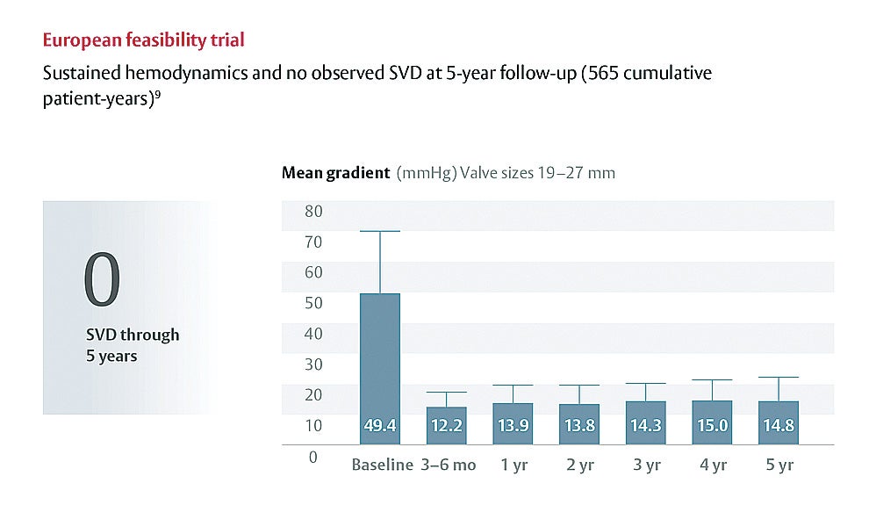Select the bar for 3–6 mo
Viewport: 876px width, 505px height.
[447, 425]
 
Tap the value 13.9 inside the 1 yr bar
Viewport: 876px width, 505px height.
[513, 427]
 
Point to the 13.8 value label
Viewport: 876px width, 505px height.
[580, 427]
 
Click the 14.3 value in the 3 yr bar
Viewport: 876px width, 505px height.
[647, 427]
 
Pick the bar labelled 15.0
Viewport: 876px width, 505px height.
[713, 422]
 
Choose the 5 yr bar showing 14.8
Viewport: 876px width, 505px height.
[779, 422]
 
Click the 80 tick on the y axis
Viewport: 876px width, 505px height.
[312, 212]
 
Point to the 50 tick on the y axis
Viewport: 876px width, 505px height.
[312, 304]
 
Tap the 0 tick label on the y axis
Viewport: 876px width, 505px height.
[312, 458]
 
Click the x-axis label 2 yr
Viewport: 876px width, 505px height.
[580, 465]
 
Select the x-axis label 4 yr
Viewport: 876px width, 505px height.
[713, 465]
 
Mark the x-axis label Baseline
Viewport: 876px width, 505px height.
[382, 465]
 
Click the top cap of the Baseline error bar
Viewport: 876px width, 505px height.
[380, 231]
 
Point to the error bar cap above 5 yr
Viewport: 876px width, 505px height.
[779, 378]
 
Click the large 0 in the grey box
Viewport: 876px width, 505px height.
[102, 281]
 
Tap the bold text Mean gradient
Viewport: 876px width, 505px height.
[335, 173]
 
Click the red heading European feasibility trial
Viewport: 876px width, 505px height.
[144, 40]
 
